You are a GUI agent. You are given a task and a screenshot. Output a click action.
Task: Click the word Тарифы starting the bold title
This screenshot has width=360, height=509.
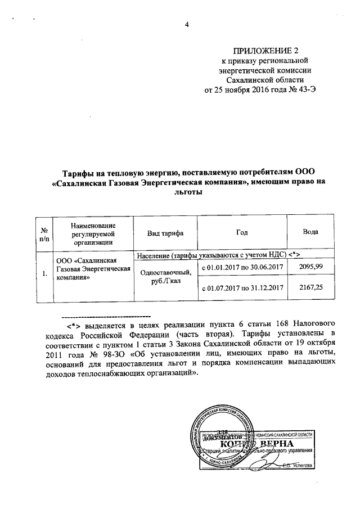click(x=77, y=172)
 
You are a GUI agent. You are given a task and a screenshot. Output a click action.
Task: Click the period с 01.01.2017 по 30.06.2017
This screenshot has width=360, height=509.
click(x=241, y=267)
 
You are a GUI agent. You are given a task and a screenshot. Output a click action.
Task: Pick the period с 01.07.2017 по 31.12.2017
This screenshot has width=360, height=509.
click(x=241, y=289)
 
